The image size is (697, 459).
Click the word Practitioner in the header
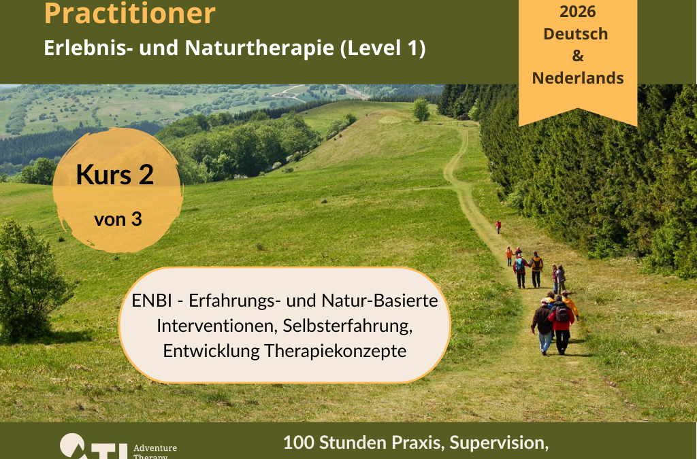pos(129,14)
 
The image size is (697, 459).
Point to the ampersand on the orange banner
pos(578,56)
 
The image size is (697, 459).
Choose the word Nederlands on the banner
pos(578,78)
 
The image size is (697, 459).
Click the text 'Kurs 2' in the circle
pos(115,175)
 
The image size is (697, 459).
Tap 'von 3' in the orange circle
pos(118,220)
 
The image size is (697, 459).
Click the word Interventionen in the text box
pos(213,326)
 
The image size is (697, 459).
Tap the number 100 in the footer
pos(297,443)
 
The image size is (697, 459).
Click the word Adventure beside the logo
pos(155,447)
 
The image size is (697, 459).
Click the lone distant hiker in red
pos(498,226)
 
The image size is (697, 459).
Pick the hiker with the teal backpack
pos(519,267)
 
